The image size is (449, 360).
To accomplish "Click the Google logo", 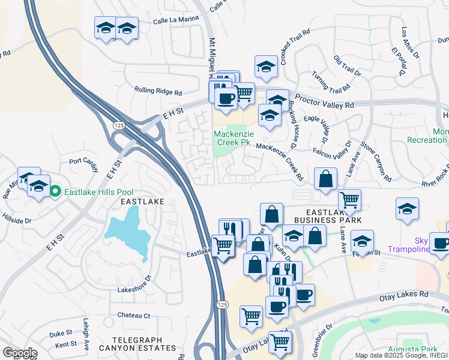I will coord(20,352).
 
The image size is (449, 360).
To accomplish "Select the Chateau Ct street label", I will coord(133,315).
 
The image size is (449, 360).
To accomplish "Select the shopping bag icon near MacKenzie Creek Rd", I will coord(325,179).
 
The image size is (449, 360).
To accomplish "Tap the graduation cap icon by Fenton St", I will coord(362,241).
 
